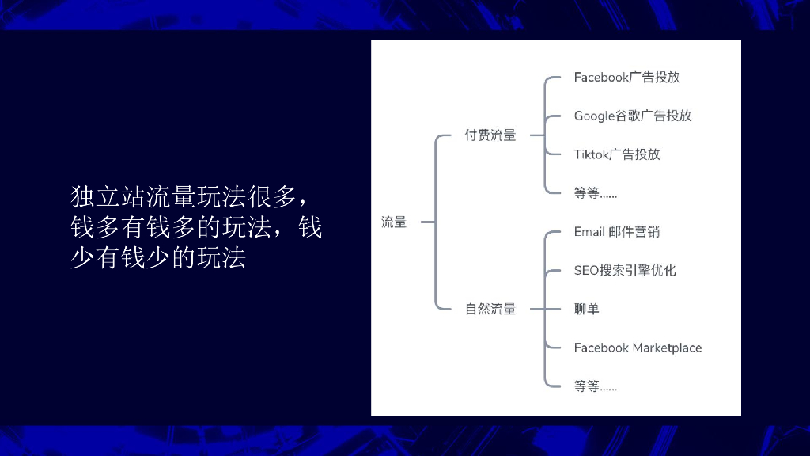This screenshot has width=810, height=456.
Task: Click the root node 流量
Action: pos(394,222)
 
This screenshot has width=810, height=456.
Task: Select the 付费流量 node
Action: pos(490,135)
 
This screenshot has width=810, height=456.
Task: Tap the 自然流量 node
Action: pos(490,309)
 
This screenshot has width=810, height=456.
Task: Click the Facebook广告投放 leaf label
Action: pos(626,78)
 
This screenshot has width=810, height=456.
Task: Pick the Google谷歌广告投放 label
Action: pos(633,116)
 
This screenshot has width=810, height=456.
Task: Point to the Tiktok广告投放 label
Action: pos(617,154)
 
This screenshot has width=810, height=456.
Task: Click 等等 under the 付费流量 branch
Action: pos(595,192)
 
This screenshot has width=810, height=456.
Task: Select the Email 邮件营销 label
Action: pos(617,232)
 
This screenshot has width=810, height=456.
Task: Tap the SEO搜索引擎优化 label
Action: pos(625,270)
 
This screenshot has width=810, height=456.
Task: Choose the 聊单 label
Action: pos(587,309)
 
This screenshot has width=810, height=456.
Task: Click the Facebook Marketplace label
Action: pos(638,348)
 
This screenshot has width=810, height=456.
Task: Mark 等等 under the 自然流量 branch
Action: pos(595,386)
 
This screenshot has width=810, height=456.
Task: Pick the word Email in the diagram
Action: pos(589,232)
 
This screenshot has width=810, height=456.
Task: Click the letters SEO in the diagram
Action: pos(586,270)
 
